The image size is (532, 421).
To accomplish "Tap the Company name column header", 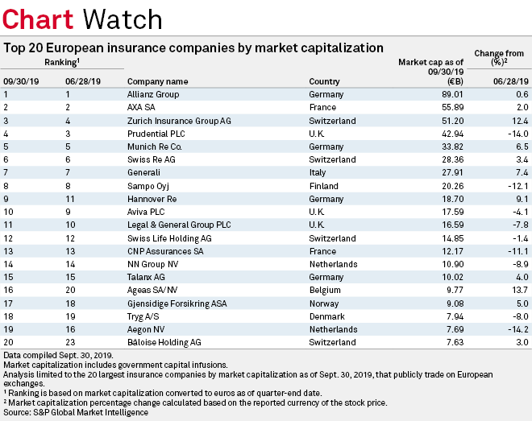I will (x=158, y=81).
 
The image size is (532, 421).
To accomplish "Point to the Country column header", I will (x=325, y=81).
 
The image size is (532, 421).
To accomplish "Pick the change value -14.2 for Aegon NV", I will (x=514, y=329).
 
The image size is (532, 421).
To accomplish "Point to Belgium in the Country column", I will (x=326, y=290).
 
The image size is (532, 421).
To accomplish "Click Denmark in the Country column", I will (x=326, y=316).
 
